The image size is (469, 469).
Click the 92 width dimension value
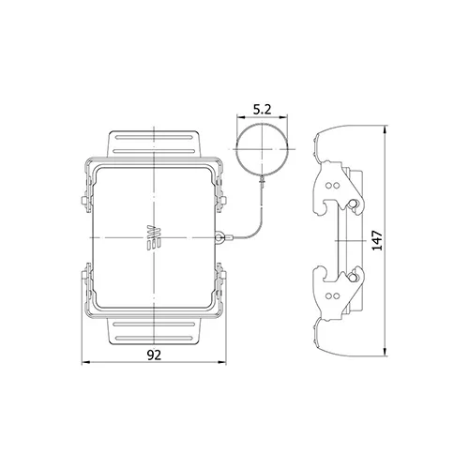pyautogui.click(x=154, y=355)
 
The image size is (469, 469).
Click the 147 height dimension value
pyautogui.click(x=378, y=240)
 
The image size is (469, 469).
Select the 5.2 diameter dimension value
pyautogui.click(x=263, y=110)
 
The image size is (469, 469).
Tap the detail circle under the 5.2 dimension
pyautogui.click(x=262, y=125)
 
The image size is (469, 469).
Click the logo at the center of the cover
pyautogui.click(x=154, y=237)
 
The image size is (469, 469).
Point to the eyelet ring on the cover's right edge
pyautogui.click(x=219, y=237)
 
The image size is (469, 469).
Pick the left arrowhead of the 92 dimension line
pyautogui.click(x=85, y=363)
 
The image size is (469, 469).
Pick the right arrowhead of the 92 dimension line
pyautogui.click(x=222, y=363)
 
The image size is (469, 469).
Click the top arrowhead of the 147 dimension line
pyautogui.click(x=386, y=129)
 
